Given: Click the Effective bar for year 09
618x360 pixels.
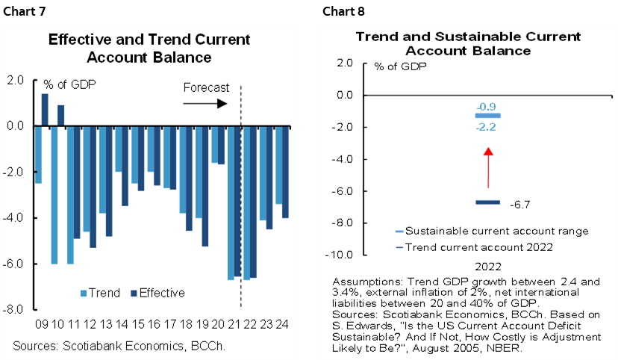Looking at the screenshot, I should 45,110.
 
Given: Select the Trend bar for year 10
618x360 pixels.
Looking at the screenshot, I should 54,194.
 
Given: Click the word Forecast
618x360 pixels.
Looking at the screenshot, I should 207,87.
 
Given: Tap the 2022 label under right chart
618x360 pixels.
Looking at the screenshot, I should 487,266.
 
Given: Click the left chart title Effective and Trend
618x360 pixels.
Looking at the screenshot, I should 149,48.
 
